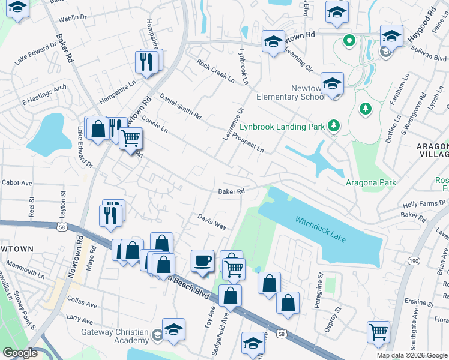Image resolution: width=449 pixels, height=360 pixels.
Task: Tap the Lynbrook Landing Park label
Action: [282, 127]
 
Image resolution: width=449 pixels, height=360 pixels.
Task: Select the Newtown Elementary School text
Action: [291, 92]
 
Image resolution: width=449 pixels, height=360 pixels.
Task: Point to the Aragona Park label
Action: [370, 182]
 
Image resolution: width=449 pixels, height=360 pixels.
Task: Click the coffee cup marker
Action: [202, 261]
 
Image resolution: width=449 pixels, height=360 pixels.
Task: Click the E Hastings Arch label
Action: [44, 95]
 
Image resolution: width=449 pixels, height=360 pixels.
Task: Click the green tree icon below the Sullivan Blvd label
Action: [364, 109]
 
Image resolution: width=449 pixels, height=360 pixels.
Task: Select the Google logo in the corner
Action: [20, 353]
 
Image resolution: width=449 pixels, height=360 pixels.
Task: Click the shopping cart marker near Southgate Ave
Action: [378, 331]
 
